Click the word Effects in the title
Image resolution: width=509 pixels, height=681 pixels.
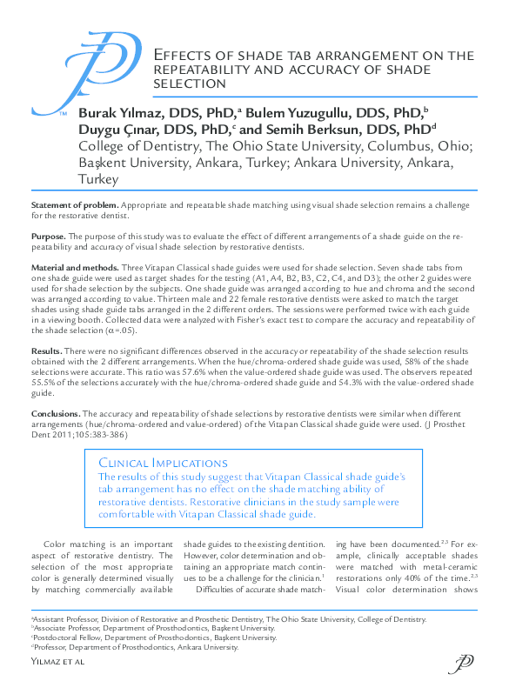tap(182, 56)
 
